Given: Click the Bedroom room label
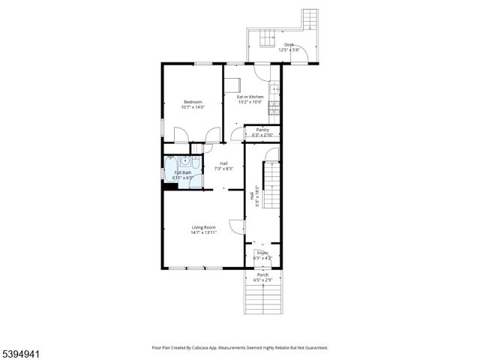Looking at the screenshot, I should pos(193,102).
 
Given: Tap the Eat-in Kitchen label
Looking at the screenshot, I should pos(250,97).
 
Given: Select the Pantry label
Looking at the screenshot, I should pos(262,130).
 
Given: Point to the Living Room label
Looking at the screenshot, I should pos(203,227).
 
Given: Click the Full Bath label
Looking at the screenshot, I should pos(182,172).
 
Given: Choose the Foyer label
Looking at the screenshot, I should pos(262,253).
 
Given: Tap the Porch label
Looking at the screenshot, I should pos(262,275).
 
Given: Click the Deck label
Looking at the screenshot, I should pos(289,45).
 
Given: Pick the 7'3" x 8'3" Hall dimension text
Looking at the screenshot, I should pos(224,169).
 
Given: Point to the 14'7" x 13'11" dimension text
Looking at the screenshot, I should pos(203,232).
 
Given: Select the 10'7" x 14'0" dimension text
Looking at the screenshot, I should pos(193,107).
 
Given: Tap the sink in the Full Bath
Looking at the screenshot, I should pos(184,160).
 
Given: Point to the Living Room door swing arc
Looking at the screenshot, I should pos(235,225).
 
